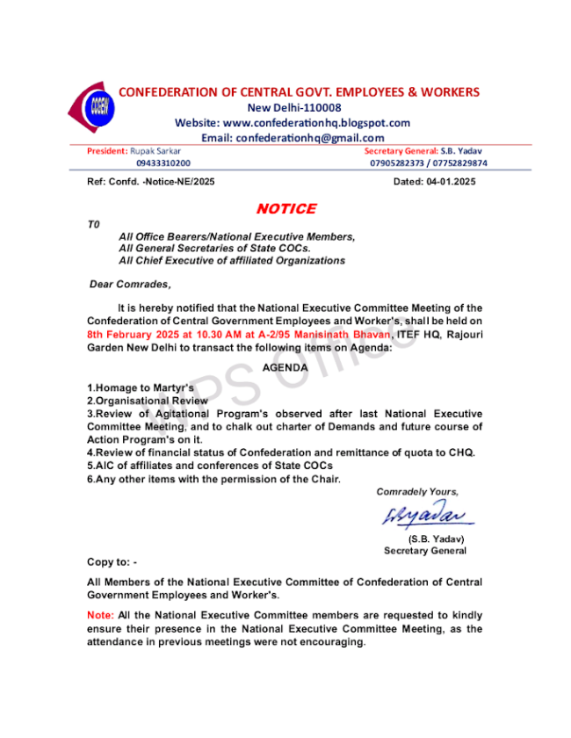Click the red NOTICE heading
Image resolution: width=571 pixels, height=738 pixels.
[286, 209]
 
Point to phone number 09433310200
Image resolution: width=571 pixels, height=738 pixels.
[163, 163]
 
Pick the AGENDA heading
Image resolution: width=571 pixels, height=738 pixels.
[285, 368]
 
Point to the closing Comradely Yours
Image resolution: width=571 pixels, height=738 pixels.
[417, 492]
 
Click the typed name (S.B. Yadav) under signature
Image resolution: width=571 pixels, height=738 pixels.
[437, 539]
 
